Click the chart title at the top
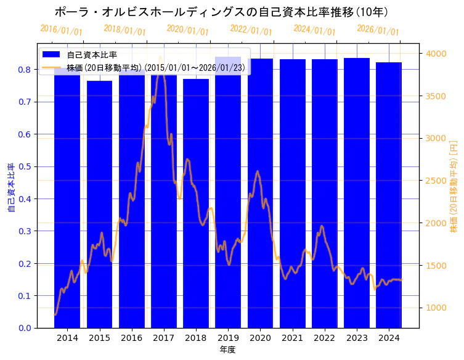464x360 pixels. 221,12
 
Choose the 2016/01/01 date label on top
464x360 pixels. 61,30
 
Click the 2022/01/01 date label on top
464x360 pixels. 251,30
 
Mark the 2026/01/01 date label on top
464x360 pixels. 378,30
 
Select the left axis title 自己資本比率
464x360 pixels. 10,188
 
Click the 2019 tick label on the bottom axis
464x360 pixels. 228,338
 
